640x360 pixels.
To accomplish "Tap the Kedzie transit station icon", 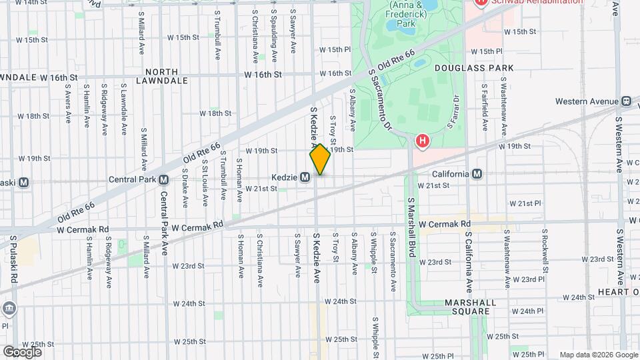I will tap(305, 177).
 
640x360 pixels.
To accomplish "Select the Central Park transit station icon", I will tap(163, 179).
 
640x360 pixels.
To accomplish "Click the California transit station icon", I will tap(477, 174).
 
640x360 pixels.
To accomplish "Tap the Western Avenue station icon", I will tap(626, 101).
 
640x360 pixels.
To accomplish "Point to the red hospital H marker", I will tap(422, 141).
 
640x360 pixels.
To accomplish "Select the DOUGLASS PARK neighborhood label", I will tap(474, 68).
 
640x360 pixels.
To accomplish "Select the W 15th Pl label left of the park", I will tap(335, 50).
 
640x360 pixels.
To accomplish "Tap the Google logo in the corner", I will tap(22, 351).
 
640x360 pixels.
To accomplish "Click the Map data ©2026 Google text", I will tap(597, 355).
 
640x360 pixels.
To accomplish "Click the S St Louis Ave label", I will tap(205, 180).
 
